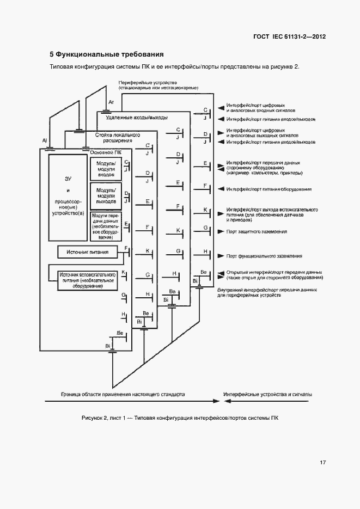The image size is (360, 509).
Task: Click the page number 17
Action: tap(323, 463)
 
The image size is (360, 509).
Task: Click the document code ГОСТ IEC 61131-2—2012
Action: tap(290, 37)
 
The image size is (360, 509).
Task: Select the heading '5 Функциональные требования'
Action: tap(107, 54)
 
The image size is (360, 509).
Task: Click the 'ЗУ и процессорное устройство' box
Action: tap(68, 198)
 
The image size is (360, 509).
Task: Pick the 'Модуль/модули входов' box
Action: tap(105, 169)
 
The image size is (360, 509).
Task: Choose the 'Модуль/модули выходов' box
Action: tap(105, 195)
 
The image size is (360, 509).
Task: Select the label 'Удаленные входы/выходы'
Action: tap(136, 118)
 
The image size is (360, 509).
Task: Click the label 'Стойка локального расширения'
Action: tap(118, 137)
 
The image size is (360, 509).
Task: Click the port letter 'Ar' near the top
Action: tap(111, 102)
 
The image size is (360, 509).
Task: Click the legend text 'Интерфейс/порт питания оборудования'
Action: tap(269, 189)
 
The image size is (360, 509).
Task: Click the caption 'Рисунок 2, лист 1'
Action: tap(180, 418)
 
